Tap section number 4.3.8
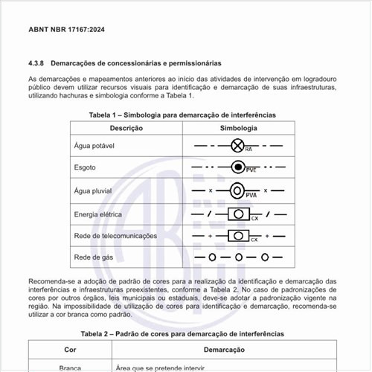[x=38, y=63]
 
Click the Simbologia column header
[x=238, y=129]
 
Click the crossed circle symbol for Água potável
[x=238, y=145]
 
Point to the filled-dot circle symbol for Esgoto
[x=238, y=167]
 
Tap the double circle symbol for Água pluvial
[x=238, y=190]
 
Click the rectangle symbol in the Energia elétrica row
[x=238, y=214]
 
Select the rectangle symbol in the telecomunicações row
[x=238, y=236]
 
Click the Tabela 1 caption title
[x=182, y=115]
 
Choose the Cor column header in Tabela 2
[x=70, y=349]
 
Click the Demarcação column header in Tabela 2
[x=224, y=349]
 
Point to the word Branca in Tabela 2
[x=70, y=368]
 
